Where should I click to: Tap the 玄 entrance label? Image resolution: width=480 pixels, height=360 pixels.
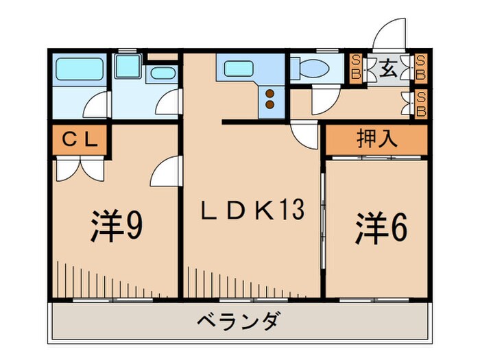[x=389, y=68]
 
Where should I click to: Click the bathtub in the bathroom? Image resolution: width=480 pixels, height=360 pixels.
[x=78, y=69]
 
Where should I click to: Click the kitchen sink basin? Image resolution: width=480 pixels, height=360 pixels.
[x=237, y=69]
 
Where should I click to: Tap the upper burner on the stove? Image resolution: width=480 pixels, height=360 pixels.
[x=269, y=93]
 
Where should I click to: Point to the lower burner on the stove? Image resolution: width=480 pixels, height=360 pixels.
[x=269, y=105]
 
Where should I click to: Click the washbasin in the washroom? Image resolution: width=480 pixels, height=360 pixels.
[x=163, y=75]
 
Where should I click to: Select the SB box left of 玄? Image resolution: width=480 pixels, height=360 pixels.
[x=357, y=69]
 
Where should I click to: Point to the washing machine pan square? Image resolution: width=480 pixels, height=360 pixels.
[x=126, y=67]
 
